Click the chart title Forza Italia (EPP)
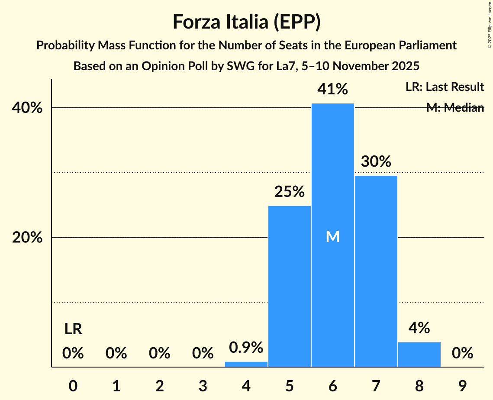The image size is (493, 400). pos(246,22)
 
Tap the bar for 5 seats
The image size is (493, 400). pos(289,286)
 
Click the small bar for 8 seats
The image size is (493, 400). pos(419,355)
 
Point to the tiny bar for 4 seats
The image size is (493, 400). pos(246,364)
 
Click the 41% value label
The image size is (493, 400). pos(332,90)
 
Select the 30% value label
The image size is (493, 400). pos(376,162)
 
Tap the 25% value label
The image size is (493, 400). pos(289,192)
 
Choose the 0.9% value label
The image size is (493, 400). pos(246,347)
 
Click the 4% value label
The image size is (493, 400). pos(419,328)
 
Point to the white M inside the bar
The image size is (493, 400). pos(332,236)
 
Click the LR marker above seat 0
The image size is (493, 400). pos(73,329)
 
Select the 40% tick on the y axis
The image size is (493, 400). pos(27,108)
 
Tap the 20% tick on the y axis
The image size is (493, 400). pos(27,238)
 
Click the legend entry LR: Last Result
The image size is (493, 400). pos(445,87)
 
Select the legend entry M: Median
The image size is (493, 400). pos(455,108)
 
